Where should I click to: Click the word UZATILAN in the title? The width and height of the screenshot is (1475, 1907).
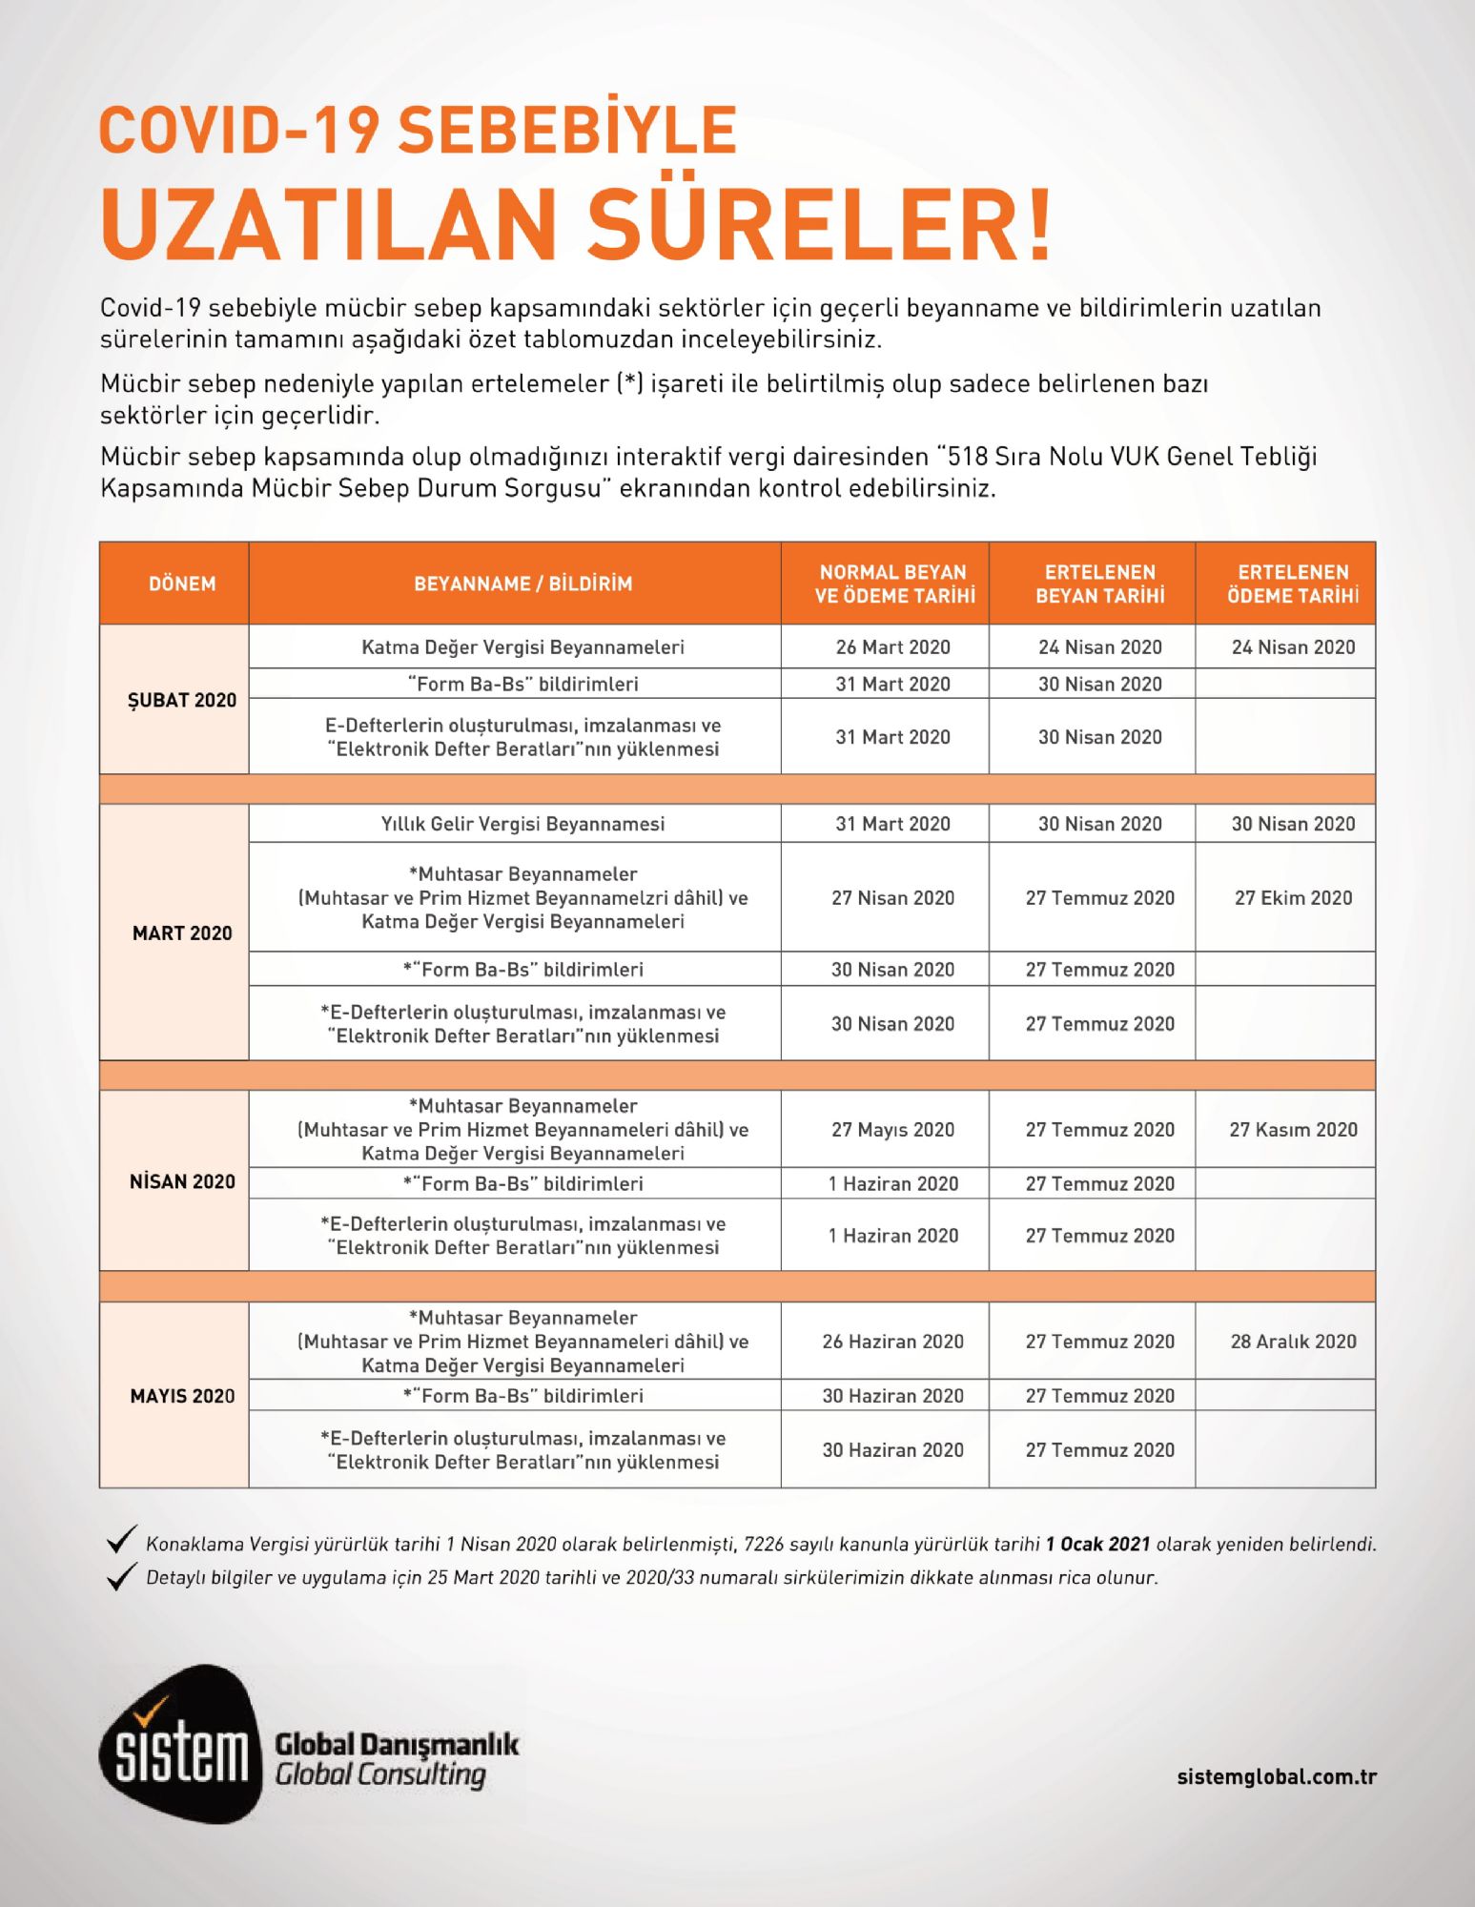[328, 224]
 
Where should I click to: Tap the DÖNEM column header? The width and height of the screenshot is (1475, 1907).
[181, 584]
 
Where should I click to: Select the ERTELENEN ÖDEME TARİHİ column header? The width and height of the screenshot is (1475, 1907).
[1292, 584]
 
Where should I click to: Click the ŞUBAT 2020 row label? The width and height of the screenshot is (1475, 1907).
[181, 700]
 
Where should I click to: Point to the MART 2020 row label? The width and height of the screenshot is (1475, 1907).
[181, 933]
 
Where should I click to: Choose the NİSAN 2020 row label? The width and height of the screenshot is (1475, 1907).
[181, 1181]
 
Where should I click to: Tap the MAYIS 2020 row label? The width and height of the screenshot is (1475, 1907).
[181, 1396]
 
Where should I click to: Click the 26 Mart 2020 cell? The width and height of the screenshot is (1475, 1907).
[892, 647]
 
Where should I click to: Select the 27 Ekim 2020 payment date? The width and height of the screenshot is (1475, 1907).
[1292, 897]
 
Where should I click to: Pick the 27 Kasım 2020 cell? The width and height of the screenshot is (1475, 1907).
[1292, 1130]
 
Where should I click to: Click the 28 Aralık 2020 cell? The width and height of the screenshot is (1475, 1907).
[1292, 1342]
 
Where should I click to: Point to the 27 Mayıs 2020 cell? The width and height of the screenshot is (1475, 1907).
[892, 1130]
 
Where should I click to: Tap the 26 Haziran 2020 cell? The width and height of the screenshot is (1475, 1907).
[892, 1342]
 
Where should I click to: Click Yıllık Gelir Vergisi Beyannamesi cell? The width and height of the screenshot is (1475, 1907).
[522, 824]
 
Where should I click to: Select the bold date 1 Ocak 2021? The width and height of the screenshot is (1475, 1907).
[1097, 1544]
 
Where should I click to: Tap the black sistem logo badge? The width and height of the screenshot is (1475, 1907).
[179, 1744]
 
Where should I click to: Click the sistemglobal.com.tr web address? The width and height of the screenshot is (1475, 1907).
[1276, 1776]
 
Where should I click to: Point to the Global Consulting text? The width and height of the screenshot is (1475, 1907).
[379, 1775]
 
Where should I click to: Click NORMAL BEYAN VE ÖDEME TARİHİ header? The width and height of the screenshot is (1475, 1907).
[892, 584]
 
